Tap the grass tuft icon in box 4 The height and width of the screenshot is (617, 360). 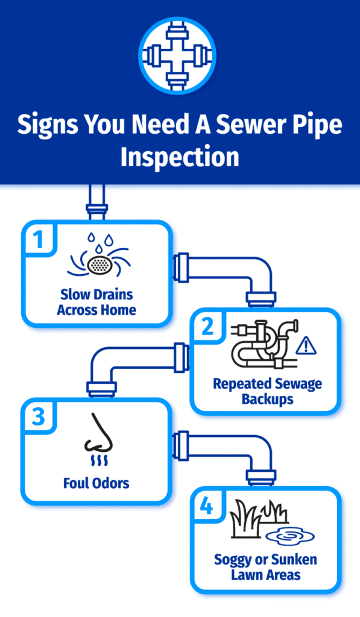point(253,522)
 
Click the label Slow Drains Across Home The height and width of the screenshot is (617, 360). point(97,302)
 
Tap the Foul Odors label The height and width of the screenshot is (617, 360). point(96,483)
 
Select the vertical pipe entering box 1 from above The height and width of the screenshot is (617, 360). point(96,202)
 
